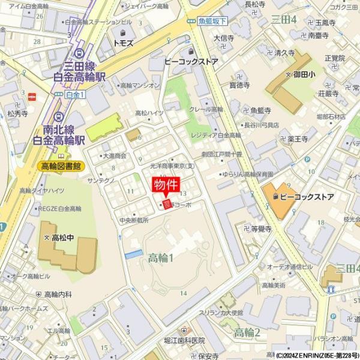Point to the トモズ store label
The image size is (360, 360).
122,43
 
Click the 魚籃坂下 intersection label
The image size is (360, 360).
213,21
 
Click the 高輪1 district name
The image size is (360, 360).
160,258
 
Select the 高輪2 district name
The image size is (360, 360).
247,332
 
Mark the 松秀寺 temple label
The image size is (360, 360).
19,112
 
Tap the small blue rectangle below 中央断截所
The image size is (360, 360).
134,254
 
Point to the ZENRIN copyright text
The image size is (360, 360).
316,355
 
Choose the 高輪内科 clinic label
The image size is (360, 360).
58,294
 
